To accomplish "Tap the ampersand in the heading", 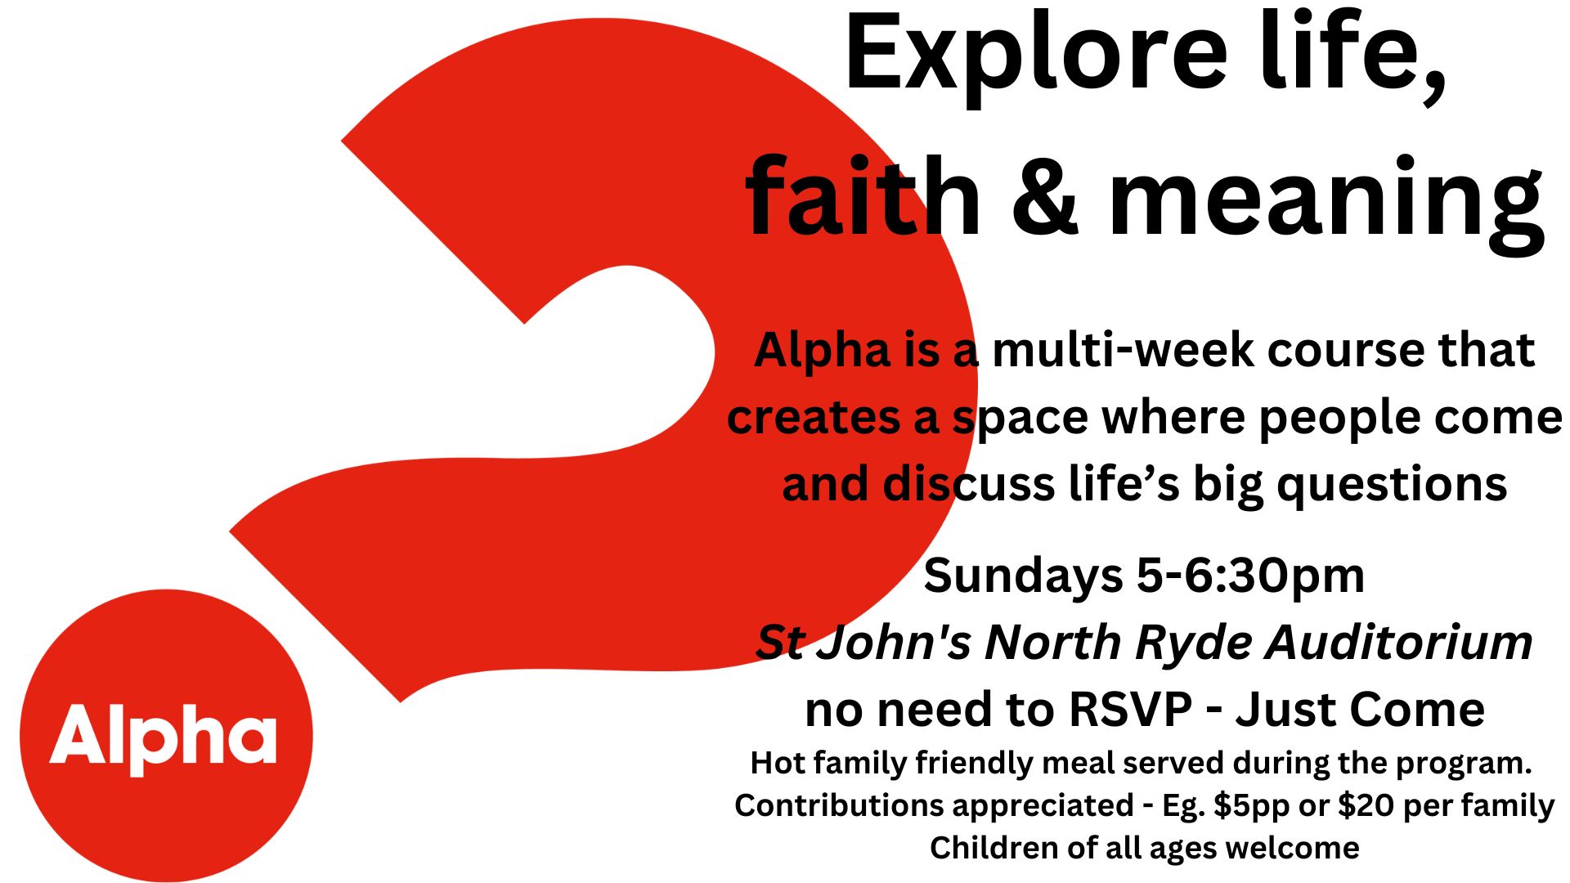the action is pos(1045,196).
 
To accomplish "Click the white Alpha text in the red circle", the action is pos(164,737).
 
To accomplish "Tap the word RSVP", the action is pos(1131,709).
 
